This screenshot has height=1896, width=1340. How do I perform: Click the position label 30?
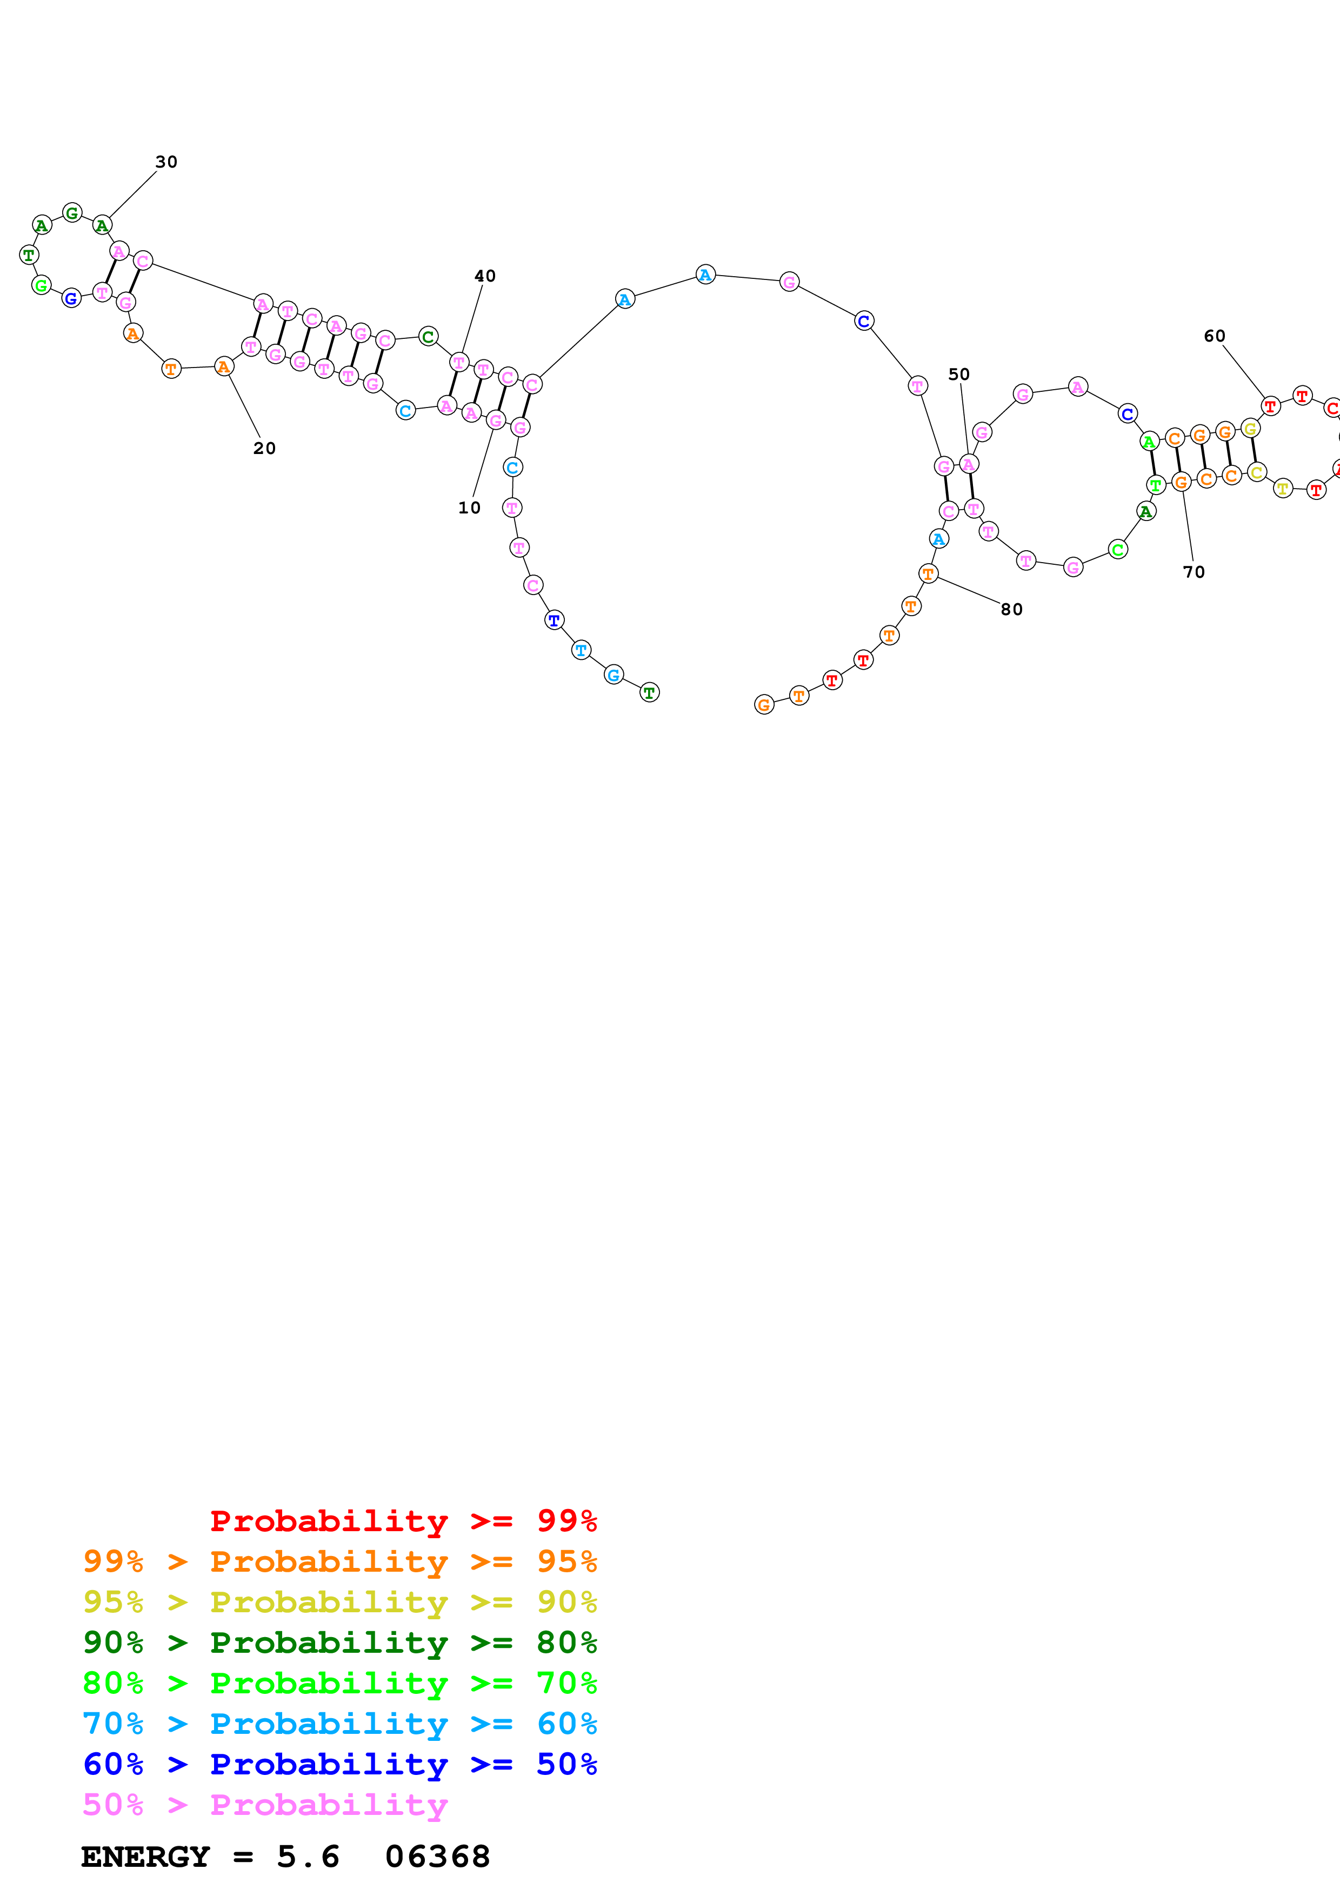coord(166,162)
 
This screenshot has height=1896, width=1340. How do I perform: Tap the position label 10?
coord(469,508)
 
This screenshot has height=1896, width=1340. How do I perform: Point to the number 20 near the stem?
coord(264,449)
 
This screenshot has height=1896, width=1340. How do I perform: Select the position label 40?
coord(485,276)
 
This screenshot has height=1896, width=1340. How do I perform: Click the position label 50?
coord(958,374)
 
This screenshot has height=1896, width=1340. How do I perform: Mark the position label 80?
coord(1011,610)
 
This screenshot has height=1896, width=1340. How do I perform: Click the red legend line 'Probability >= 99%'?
coord(403,1520)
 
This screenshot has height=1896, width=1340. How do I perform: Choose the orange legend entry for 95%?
coord(339,1561)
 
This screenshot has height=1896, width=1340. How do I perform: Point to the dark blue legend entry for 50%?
coord(339,1764)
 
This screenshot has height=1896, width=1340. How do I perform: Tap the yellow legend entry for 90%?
coord(339,1601)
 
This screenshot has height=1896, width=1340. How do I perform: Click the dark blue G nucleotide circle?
coord(72,298)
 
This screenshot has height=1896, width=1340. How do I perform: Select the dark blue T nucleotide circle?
coord(554,619)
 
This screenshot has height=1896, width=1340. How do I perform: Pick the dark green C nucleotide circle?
coord(428,336)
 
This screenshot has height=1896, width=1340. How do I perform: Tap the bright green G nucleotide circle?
coord(41,286)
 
